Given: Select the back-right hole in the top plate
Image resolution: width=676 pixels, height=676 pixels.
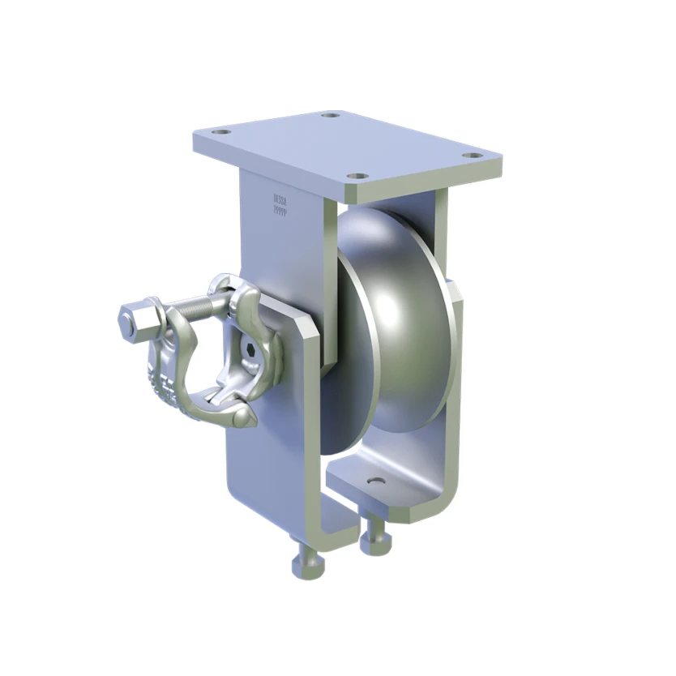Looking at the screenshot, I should (329, 115).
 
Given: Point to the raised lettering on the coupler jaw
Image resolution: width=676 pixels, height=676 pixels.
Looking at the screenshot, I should (165, 387).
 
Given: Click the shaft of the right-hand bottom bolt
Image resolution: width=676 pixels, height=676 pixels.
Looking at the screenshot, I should (374, 528).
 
